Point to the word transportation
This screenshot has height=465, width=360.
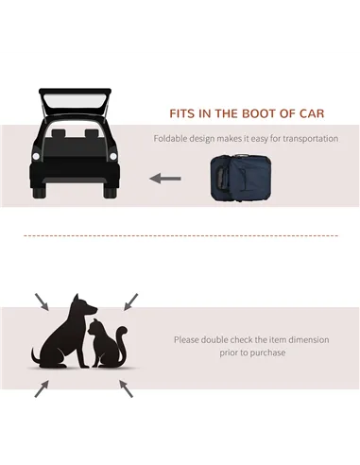tap(305, 139)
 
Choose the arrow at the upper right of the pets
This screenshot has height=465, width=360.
tap(129, 301)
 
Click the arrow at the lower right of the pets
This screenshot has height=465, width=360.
tap(127, 387)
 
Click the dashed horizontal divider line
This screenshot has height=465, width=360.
tap(180, 236)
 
